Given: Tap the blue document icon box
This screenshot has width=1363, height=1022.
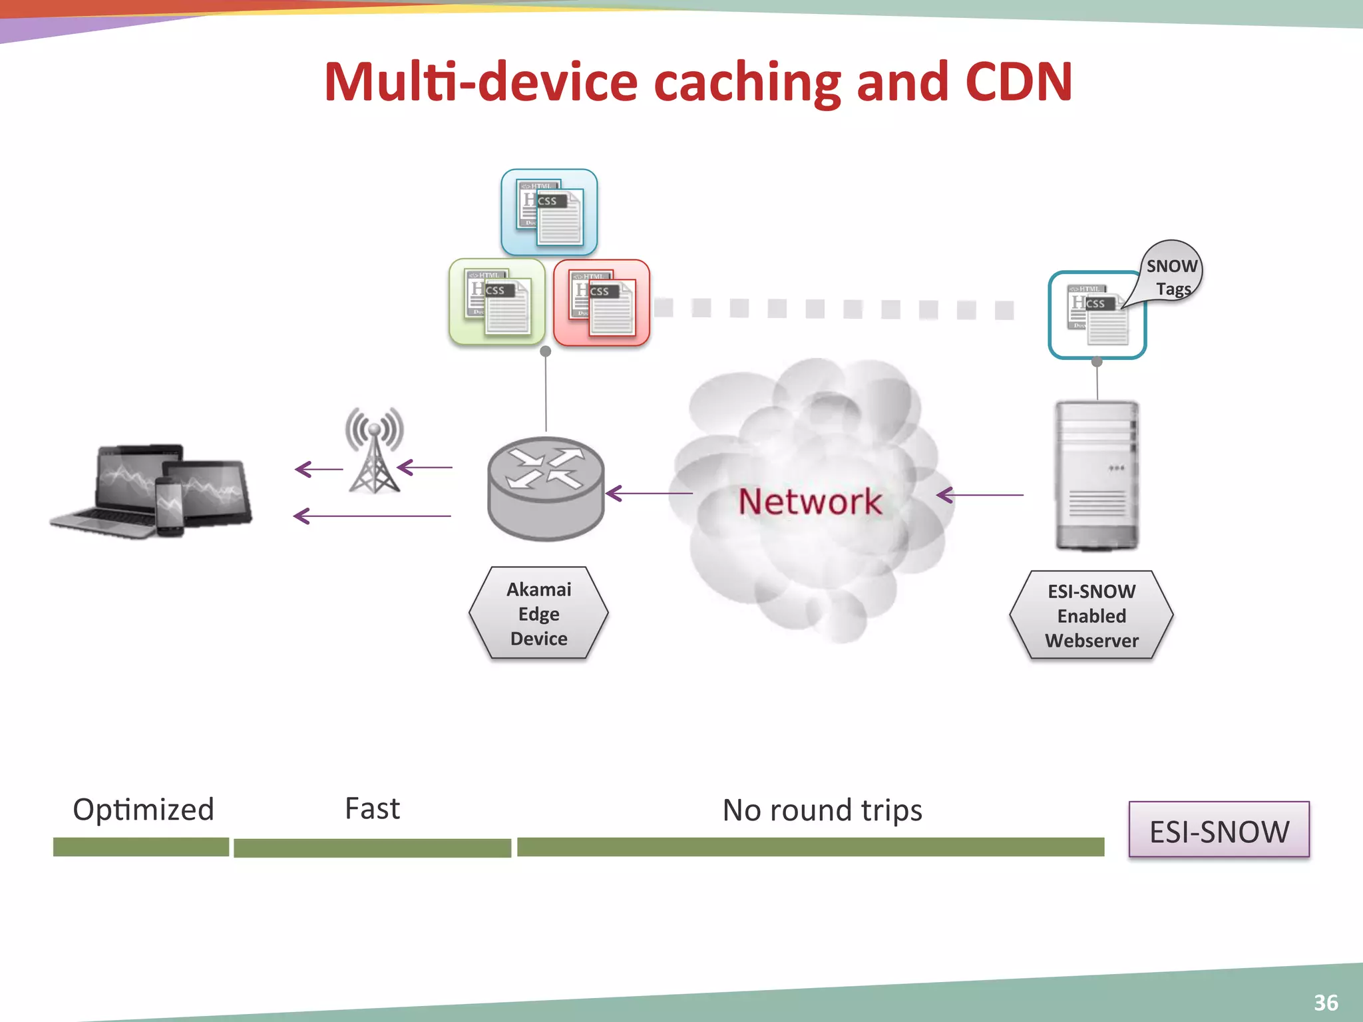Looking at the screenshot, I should tap(549, 212).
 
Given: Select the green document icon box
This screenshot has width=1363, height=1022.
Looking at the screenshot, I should tap(497, 302).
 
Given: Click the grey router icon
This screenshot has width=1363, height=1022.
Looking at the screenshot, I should tap(546, 488).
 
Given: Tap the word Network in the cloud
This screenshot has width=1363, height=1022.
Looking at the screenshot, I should tap(809, 502).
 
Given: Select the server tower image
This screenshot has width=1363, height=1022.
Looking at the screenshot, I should tap(1097, 475).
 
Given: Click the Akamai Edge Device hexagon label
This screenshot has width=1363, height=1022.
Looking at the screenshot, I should tap(538, 613).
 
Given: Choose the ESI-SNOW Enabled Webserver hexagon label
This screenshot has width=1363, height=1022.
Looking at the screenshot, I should tap(1091, 615).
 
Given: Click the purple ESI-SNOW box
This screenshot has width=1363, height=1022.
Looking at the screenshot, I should tap(1219, 830).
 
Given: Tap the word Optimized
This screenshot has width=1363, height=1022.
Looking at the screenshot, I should tap(143, 810).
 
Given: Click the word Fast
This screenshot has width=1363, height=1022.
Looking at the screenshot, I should tap(372, 809).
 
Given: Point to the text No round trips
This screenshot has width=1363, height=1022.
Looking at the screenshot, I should tap(822, 810).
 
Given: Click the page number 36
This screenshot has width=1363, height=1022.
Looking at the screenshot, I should tap(1325, 1002).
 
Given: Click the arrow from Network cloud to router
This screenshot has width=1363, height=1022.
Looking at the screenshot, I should tap(649, 494).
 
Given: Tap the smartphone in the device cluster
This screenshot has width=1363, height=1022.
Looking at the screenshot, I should tap(169, 506).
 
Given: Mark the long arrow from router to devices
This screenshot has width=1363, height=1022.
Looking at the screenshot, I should tap(373, 516).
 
